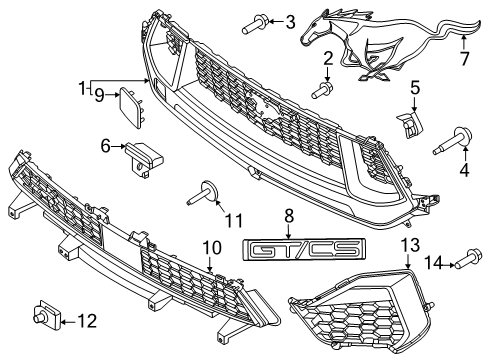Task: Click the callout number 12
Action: pos(89,320)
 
